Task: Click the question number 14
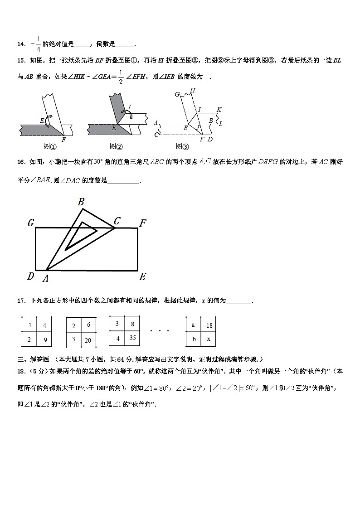pos(21,44)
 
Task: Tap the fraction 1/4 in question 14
pos(38,44)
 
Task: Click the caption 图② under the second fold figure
pos(116,145)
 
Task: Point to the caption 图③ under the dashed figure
pos(182,145)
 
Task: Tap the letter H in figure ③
pos(193,91)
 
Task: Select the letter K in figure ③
pos(219,110)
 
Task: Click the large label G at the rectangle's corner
pos(31,223)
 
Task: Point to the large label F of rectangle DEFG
pos(143,223)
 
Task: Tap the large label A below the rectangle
pos(45,278)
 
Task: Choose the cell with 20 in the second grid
pos(88,340)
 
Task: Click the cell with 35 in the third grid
pos(132,337)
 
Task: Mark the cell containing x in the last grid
pos(209,339)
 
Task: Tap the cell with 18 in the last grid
pos(209,325)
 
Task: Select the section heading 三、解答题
pos(33,359)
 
